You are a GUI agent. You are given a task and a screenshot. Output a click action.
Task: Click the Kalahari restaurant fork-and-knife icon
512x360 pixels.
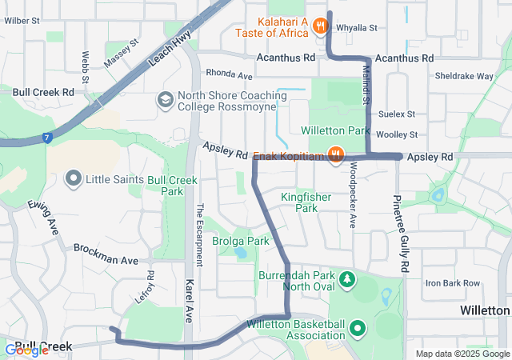[x=320, y=25]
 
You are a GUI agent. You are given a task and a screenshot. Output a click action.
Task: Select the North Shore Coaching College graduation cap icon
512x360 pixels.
[x=164, y=100]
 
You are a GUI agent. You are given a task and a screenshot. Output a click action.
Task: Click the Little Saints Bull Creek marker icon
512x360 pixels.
[x=74, y=178]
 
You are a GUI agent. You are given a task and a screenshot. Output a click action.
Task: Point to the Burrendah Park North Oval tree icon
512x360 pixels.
[x=347, y=279]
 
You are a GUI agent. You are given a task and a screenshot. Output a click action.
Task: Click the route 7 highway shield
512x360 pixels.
[x=48, y=138]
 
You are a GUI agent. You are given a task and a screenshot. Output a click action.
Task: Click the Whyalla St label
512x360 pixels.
[x=357, y=27]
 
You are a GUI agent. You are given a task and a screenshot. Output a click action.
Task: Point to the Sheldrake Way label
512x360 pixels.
[x=463, y=77]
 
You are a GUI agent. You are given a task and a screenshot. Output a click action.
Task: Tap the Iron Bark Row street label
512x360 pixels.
[x=452, y=283]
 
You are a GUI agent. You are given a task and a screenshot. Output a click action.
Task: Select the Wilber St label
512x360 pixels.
[x=22, y=20]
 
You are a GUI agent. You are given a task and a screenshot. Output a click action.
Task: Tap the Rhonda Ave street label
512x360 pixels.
[x=230, y=74]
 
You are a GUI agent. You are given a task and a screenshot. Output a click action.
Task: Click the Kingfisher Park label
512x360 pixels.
[x=299, y=202]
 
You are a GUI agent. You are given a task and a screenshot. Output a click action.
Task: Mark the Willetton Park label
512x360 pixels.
[x=335, y=130]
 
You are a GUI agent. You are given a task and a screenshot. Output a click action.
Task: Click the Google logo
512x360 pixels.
[x=26, y=350]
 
